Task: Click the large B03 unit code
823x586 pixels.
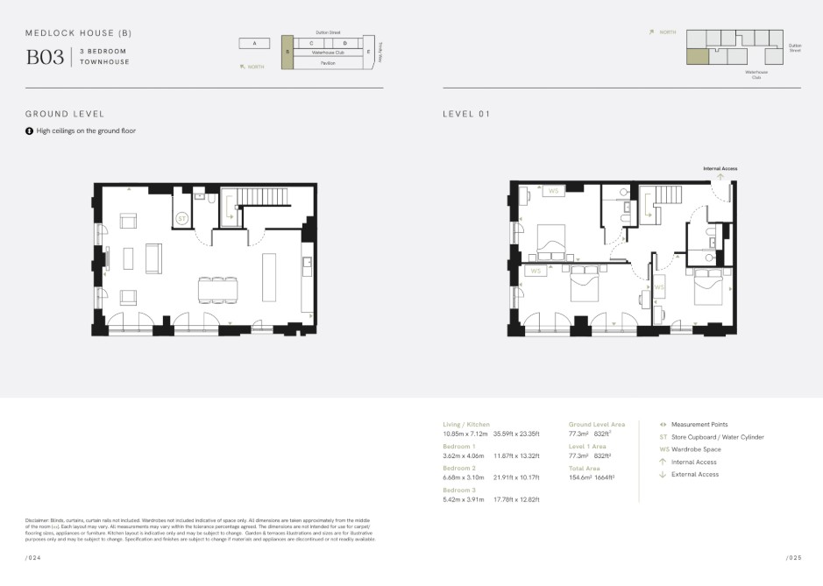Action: [x=45, y=57]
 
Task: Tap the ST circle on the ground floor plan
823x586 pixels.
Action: [x=182, y=218]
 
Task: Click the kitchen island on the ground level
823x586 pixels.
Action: [x=269, y=278]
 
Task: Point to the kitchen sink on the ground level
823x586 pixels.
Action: [x=306, y=261]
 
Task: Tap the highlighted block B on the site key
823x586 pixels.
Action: [x=287, y=51]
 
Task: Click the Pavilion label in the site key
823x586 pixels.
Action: [x=328, y=63]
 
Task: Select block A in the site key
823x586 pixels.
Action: [x=254, y=43]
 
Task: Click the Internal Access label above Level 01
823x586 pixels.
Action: [x=720, y=167]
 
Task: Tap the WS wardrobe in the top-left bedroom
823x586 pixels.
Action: [x=553, y=191]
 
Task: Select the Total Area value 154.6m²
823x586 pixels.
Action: [x=580, y=477]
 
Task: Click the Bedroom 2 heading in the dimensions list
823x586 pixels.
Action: [x=459, y=468]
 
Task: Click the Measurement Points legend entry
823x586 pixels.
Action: [x=699, y=425]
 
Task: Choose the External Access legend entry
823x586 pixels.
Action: [x=694, y=475]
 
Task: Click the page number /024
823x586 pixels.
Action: [x=32, y=557]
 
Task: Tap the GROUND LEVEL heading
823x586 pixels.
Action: [x=65, y=114]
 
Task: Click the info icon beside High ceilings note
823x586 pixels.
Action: [x=30, y=131]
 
